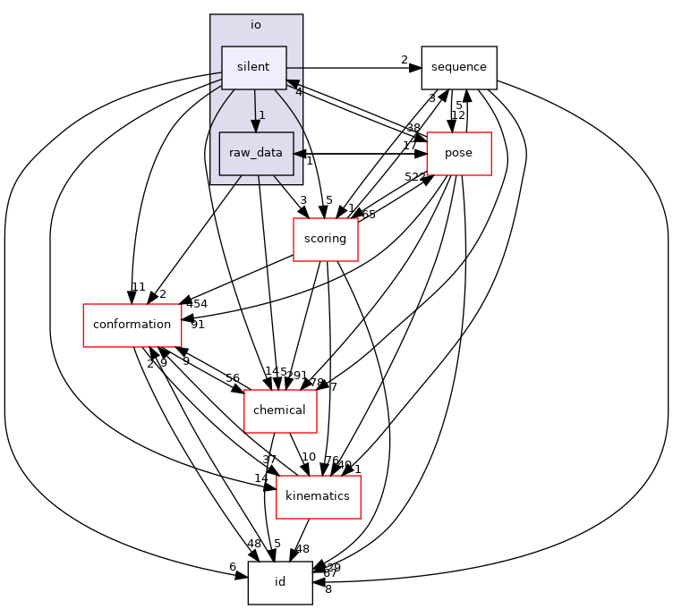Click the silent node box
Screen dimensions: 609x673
(253, 68)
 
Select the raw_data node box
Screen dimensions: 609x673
(256, 153)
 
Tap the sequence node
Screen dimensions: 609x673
(459, 67)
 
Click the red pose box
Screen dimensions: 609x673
(458, 153)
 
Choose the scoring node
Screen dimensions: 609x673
(325, 239)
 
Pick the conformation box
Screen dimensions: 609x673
(132, 325)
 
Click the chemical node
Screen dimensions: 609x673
(280, 410)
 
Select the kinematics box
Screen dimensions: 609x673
(318, 496)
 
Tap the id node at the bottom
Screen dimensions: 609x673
(279, 582)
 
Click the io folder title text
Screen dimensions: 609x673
(256, 25)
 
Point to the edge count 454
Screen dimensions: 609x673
(196, 305)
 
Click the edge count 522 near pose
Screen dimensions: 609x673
(414, 177)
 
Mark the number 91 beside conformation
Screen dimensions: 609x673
(198, 325)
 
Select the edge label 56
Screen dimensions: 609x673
(233, 378)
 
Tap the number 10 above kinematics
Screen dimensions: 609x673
(309, 458)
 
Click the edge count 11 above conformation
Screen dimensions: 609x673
(138, 288)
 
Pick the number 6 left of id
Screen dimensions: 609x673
(233, 567)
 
